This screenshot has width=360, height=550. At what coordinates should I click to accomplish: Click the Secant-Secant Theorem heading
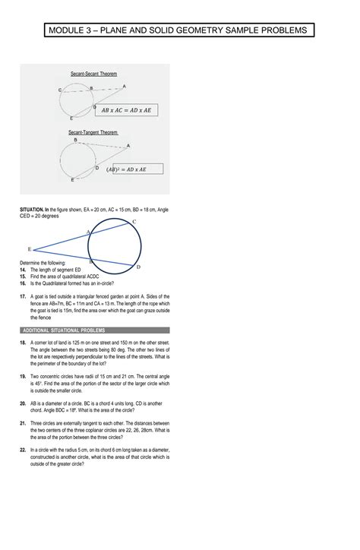click(x=94, y=74)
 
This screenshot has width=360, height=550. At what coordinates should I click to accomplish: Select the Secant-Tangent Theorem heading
click(x=93, y=132)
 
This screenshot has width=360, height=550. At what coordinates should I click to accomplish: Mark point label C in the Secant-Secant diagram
click(x=60, y=90)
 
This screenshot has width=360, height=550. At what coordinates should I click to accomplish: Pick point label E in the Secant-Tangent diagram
click(x=73, y=180)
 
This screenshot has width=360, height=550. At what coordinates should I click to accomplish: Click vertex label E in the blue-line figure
click(x=29, y=248)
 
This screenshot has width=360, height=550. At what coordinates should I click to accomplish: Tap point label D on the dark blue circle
click(x=137, y=267)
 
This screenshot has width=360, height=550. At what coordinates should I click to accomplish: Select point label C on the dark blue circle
click(x=134, y=221)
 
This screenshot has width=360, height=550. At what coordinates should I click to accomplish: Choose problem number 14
click(x=24, y=270)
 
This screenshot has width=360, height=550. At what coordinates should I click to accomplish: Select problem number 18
click(x=24, y=343)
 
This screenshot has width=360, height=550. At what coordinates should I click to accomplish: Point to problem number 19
click(x=24, y=377)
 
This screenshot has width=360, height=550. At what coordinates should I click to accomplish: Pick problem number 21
click(x=24, y=422)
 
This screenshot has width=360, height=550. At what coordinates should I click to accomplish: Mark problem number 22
click(x=24, y=450)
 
